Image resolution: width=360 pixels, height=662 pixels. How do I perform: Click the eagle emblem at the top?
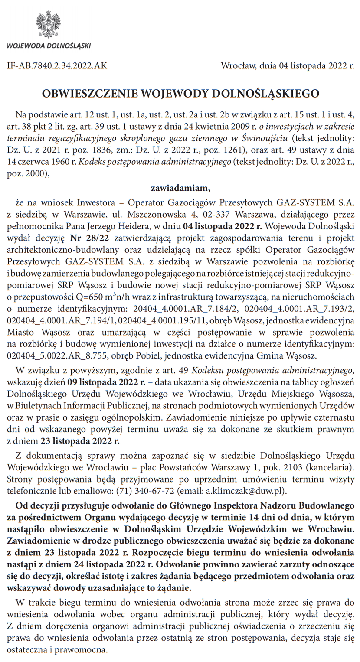pyautogui.click(x=48, y=25)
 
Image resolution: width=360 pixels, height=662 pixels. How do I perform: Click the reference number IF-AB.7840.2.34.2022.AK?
pyautogui.click(x=57, y=66)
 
